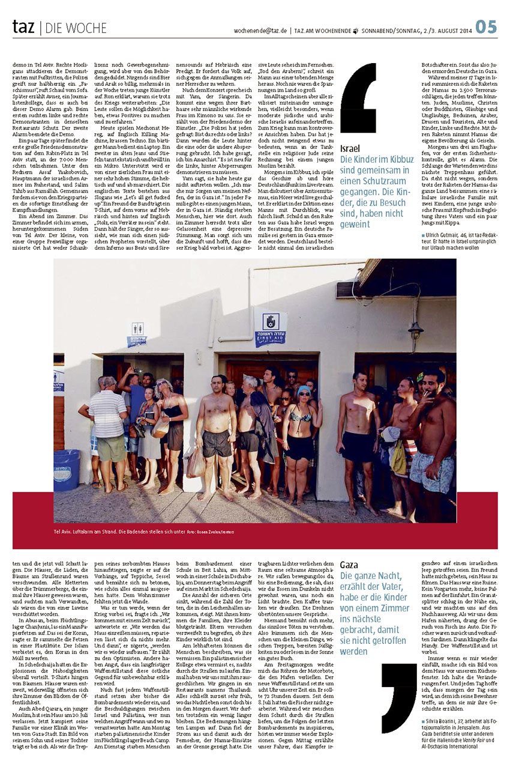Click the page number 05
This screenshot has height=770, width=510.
pyautogui.click(x=487, y=26)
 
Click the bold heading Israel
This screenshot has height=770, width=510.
pyautogui.click(x=350, y=148)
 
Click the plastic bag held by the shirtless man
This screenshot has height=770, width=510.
pyautogui.click(x=196, y=462)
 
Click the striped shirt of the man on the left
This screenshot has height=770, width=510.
pyautogui.click(x=107, y=414)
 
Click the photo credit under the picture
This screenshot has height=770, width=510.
pyautogui.click(x=211, y=532)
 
